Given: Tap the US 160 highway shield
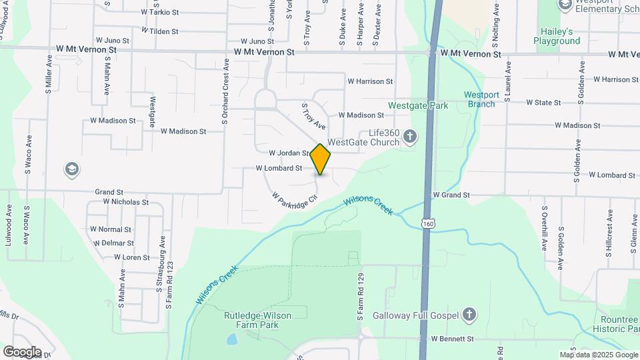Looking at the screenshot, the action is [x=427, y=224].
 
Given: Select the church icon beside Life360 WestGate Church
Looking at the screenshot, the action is [x=410, y=137].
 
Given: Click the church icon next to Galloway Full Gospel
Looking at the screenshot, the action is [x=470, y=315].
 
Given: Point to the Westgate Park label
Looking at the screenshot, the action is [x=419, y=105].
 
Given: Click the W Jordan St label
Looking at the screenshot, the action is [x=289, y=153].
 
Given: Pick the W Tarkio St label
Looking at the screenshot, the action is [x=161, y=12].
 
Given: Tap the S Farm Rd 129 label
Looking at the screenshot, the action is [x=360, y=297].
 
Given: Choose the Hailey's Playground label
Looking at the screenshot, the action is [x=557, y=36].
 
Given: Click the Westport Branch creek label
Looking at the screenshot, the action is [x=481, y=99].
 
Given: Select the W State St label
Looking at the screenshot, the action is [x=543, y=103].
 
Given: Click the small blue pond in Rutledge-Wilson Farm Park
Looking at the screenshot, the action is [x=231, y=339].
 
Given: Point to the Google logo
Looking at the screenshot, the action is [x=22, y=351].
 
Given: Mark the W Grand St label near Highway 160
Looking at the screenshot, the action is [x=451, y=195].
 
